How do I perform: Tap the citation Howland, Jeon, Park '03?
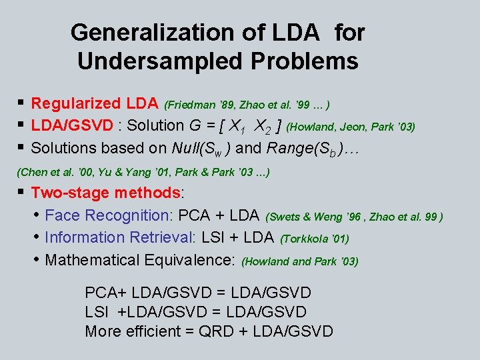[350, 127]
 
